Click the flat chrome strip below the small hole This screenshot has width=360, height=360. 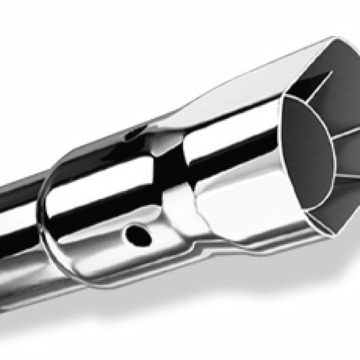tap(139, 261)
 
